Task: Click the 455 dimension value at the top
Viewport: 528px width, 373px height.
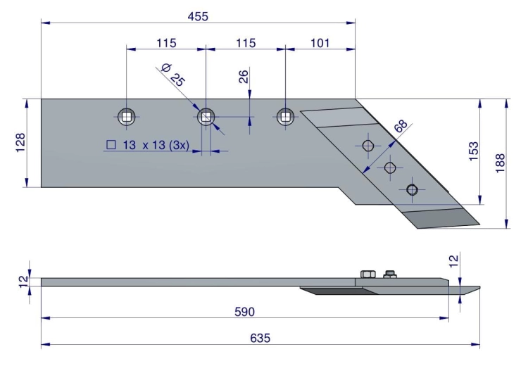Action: click(x=198, y=16)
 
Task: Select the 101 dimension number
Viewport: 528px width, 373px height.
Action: click(x=319, y=43)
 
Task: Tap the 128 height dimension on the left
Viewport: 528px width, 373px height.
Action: click(x=20, y=143)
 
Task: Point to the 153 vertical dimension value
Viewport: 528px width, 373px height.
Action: click(x=473, y=151)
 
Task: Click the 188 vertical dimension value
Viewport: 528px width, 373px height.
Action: click(x=501, y=163)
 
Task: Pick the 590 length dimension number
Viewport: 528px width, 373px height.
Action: click(x=244, y=312)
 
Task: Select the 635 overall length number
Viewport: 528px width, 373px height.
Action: click(x=260, y=338)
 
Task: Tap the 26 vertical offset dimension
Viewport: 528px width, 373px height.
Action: click(x=244, y=77)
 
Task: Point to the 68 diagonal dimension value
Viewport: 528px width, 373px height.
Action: click(x=401, y=126)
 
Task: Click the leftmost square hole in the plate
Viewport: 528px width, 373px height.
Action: click(x=127, y=117)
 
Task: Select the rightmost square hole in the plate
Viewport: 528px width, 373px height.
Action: click(x=285, y=117)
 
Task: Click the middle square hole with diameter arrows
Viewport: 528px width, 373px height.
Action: click(x=206, y=117)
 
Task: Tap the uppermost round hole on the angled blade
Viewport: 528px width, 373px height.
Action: click(x=368, y=146)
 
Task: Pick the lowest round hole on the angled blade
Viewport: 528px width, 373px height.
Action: click(x=412, y=190)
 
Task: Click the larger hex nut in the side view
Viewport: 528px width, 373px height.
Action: click(x=368, y=274)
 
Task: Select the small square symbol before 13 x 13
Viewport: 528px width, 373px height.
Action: click(x=111, y=145)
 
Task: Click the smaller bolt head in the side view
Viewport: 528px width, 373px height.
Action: click(x=390, y=274)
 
